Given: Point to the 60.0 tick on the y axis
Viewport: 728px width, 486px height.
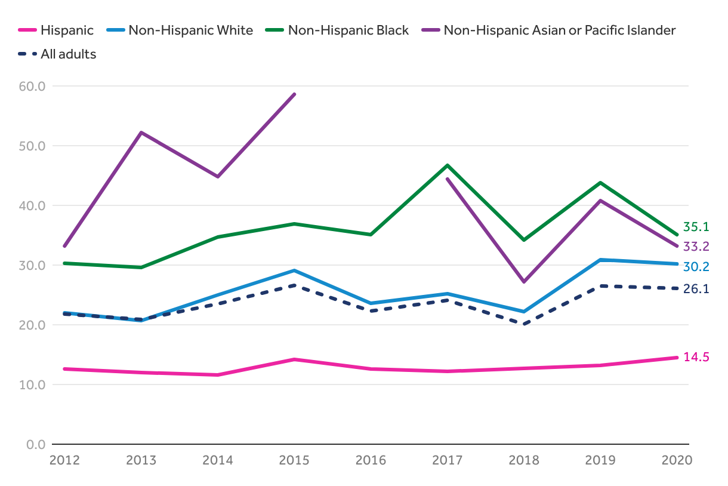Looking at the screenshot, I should [32, 86].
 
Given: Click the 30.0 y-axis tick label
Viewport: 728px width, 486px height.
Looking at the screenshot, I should [32, 265].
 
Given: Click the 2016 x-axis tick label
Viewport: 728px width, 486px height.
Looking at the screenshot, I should [371, 460].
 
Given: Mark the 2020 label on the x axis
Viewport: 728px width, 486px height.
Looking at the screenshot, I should [677, 460].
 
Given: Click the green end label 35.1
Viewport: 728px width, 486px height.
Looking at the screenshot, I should [696, 227].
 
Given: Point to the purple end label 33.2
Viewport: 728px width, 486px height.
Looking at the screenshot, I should [696, 247].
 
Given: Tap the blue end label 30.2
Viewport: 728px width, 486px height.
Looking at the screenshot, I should [696, 266].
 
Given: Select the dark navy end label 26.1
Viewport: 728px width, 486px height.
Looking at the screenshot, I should [696, 289].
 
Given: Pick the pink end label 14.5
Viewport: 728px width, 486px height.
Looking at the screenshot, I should [696, 357].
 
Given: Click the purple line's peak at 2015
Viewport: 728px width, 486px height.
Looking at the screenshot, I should [294, 94].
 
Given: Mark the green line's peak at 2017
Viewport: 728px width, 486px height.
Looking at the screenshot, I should [448, 165].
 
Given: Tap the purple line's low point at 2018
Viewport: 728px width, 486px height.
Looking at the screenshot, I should [524, 281].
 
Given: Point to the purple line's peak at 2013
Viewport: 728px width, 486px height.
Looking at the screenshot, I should [141, 133].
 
